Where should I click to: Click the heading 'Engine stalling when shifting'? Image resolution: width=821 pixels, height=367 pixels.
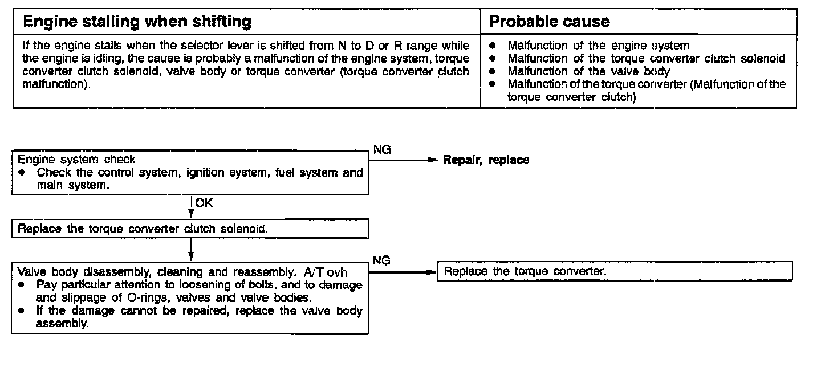coord(136,22)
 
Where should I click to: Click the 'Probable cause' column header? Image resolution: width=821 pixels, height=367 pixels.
coord(550,22)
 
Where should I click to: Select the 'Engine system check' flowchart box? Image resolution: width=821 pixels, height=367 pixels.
coord(190,173)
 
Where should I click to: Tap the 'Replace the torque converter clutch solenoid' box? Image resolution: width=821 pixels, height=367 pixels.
coord(190,229)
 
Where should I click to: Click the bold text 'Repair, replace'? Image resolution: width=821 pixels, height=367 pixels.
coord(486,161)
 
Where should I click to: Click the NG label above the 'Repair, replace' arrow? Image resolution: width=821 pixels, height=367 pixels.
coord(381,149)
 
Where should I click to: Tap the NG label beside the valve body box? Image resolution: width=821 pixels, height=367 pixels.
coord(381,260)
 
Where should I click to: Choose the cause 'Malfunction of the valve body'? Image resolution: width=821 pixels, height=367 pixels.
coord(589,71)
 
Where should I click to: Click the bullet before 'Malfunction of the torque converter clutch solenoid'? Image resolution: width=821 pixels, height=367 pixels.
coord(492,59)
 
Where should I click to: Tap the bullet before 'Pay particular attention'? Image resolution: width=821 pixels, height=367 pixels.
coord(21,283)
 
